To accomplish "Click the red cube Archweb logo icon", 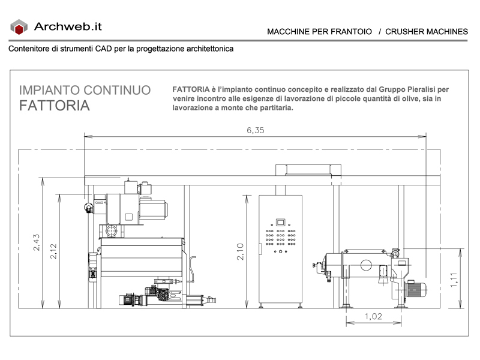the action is click(19, 27).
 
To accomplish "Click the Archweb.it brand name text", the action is click(68, 26).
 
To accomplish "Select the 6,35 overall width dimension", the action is click(256, 130).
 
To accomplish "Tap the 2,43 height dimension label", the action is click(37, 242).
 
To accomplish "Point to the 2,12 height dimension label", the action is click(53, 251).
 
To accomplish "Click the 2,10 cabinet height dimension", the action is click(240, 251).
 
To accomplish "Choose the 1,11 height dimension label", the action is click(454, 280).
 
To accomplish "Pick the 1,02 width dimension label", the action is click(373, 316).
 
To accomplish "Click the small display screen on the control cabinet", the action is click(280, 222).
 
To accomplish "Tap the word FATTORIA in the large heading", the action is click(55, 106).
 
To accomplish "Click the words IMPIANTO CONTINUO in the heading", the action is click(85, 90).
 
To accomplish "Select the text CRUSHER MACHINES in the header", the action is click(427, 32).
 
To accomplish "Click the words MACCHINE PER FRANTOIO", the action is click(319, 32).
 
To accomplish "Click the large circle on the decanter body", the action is click(366, 265).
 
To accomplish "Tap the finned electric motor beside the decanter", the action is click(415, 290).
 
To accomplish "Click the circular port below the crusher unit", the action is click(111, 230).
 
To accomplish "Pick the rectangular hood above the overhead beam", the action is click(308, 170).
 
